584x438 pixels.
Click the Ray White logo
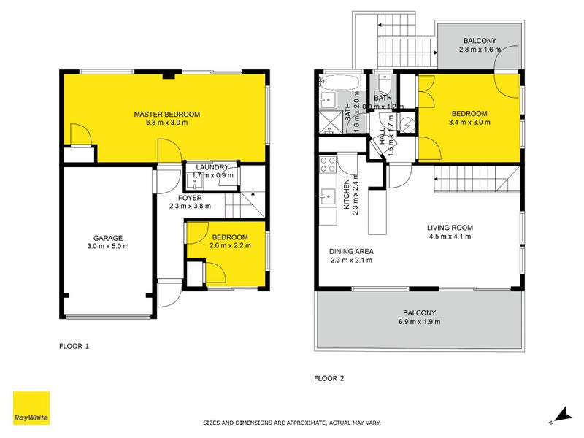pyautogui.click(x=31, y=408)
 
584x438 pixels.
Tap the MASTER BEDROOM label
pyautogui.click(x=166, y=114)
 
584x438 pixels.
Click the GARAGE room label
pyautogui.click(x=107, y=238)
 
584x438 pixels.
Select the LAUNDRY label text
pyautogui.click(x=212, y=167)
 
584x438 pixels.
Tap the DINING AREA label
pyautogui.click(x=352, y=251)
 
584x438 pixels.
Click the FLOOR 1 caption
pyautogui.click(x=74, y=346)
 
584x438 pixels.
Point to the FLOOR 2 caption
pyautogui.click(x=328, y=378)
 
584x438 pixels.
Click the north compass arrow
pyautogui.click(x=562, y=415)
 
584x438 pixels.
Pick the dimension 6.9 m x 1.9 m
pyautogui.click(x=419, y=321)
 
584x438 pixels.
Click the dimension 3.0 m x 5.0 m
pyautogui.click(x=107, y=247)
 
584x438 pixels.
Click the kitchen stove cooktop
pyautogui.click(x=327, y=164)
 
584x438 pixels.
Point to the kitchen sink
pyautogui.click(x=328, y=195)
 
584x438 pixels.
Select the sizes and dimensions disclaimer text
pyautogui.click(x=291, y=423)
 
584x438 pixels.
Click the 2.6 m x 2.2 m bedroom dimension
pyautogui.click(x=230, y=246)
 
